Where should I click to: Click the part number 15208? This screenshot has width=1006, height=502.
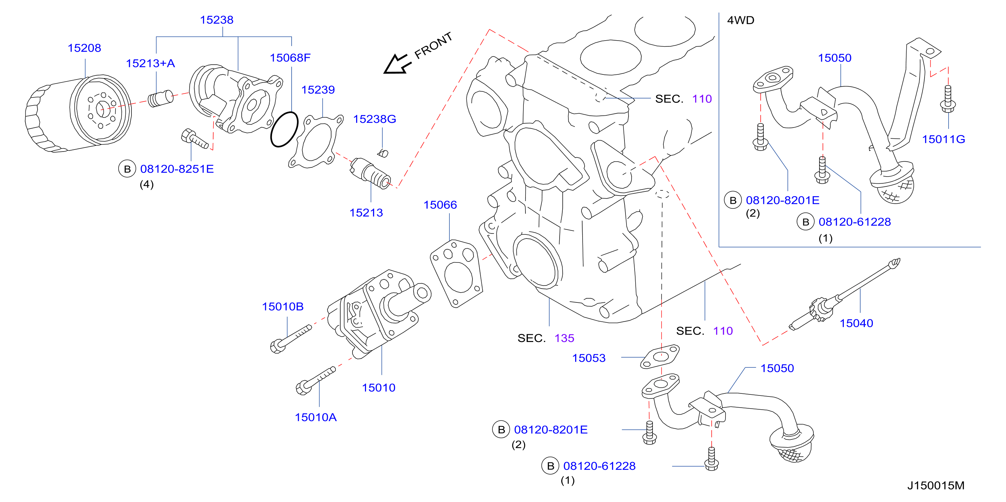pyautogui.click(x=84, y=48)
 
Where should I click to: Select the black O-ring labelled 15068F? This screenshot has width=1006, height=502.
pyautogui.click(x=284, y=129)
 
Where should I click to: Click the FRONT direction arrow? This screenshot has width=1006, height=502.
pyautogui.click(x=397, y=65)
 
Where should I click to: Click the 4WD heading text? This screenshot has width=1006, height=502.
pyautogui.click(x=740, y=20)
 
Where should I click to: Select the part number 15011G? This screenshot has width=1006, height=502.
pyautogui.click(x=943, y=139)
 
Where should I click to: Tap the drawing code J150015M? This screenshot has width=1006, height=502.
pyautogui.click(x=936, y=485)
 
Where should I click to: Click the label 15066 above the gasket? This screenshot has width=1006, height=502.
pyautogui.click(x=440, y=205)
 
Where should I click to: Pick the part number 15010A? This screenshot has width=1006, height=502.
pyautogui.click(x=316, y=417)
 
